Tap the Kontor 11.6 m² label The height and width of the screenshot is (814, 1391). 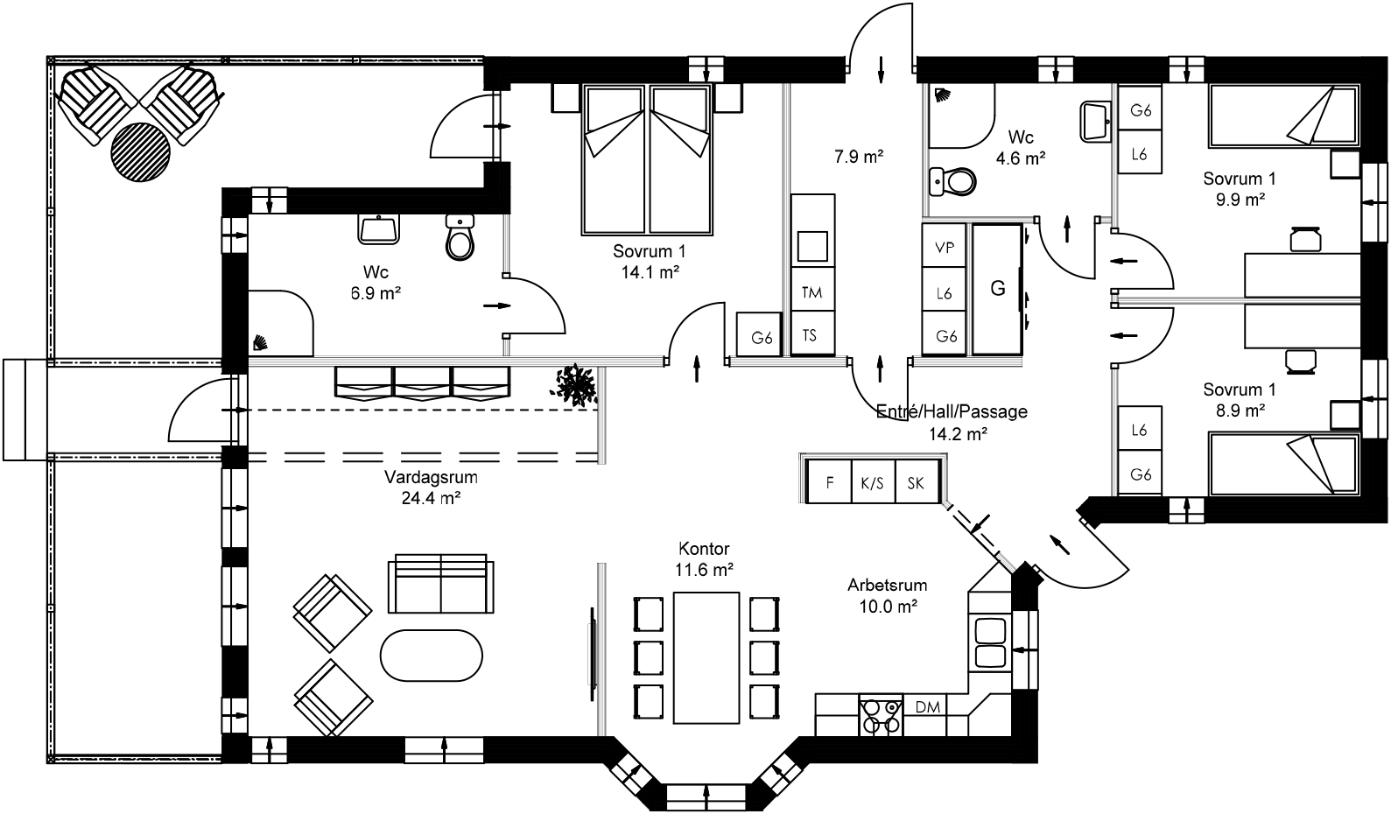pos(704,559)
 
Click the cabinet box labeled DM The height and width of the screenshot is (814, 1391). pos(927,706)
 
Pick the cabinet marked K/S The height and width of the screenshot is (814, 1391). pos(873,482)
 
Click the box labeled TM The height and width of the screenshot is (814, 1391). pos(812,292)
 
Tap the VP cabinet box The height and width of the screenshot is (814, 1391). pos(945,248)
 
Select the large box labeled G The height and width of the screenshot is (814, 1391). pos(997,289)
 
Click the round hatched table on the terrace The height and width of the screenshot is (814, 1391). pos(140,151)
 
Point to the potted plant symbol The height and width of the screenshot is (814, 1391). pos(575,384)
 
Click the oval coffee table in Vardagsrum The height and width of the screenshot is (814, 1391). pos(432,656)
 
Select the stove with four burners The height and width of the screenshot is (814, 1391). pos(880,715)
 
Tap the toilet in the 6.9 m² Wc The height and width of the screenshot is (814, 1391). pos(460,238)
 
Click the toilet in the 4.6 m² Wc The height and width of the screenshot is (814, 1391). pos(952,181)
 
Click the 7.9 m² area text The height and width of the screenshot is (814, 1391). pos(858,158)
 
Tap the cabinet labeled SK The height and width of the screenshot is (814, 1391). pos(917,482)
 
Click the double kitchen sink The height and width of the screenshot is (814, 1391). pos(991,642)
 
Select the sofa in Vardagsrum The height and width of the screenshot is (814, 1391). pos(440,584)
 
